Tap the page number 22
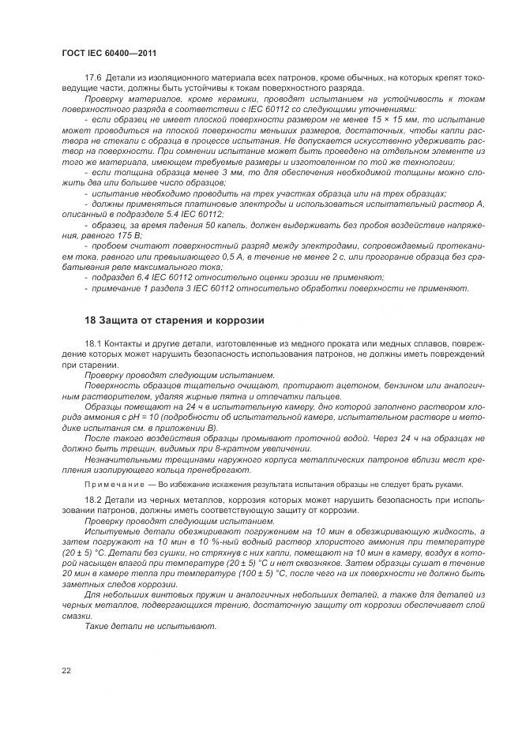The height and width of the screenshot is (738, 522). coord(66,669)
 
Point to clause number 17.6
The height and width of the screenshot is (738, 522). coord(93,76)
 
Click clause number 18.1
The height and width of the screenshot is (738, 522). coord(93,344)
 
